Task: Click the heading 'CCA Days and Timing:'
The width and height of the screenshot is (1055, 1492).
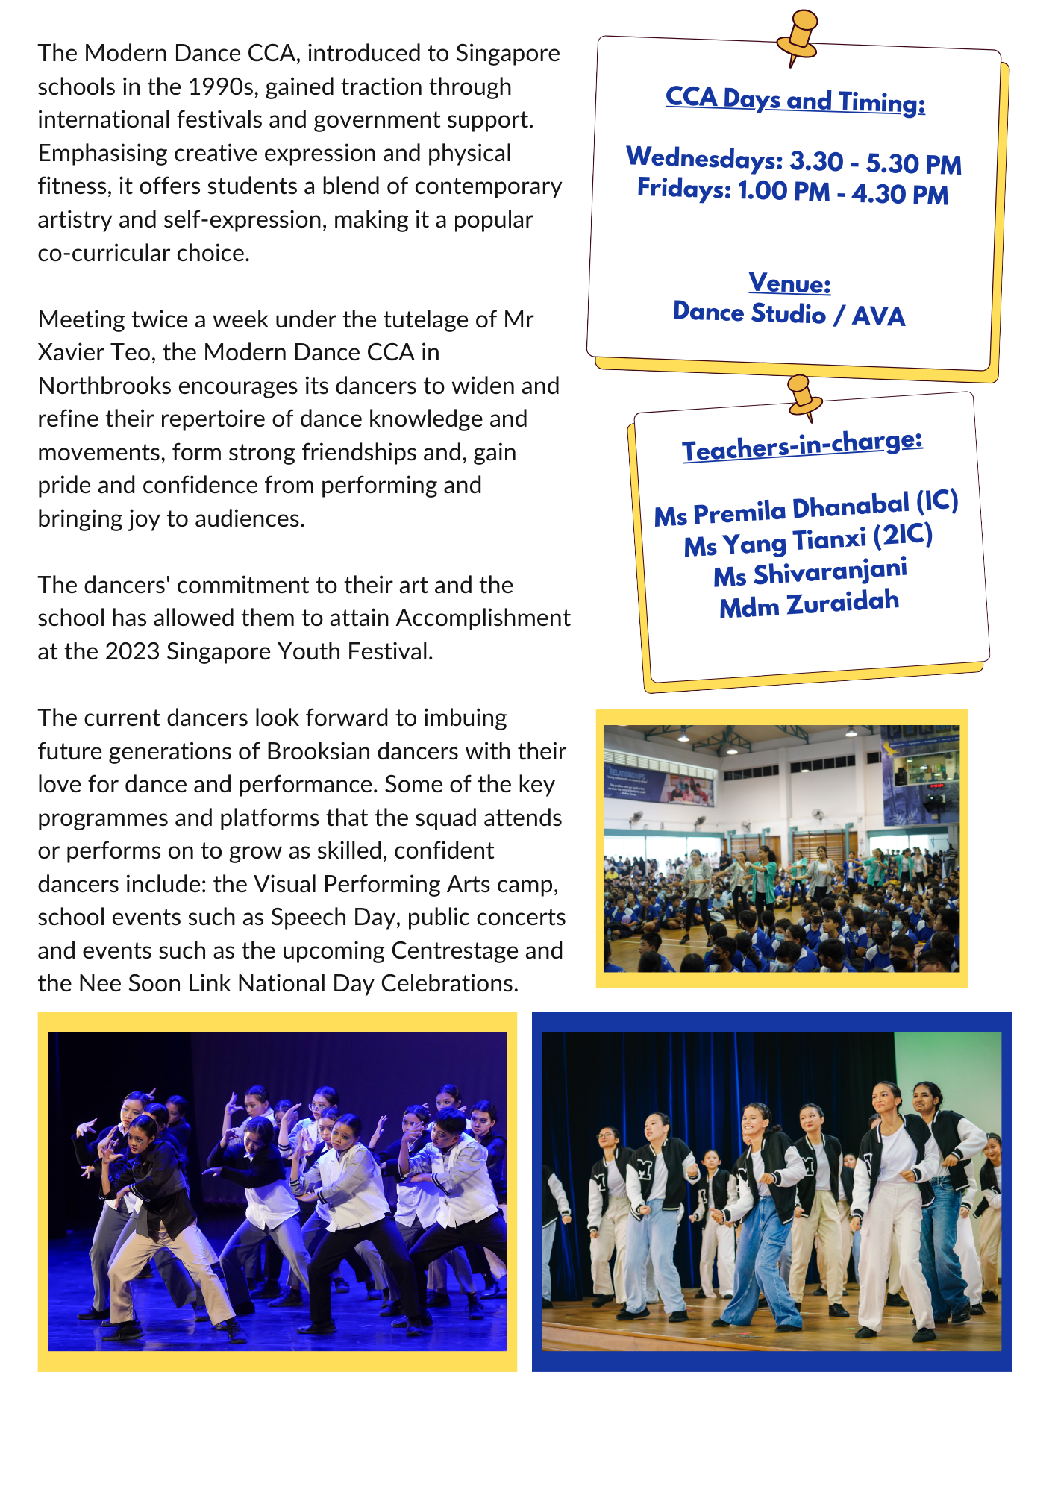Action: point(795,100)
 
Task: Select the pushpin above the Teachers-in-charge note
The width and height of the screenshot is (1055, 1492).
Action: point(803,395)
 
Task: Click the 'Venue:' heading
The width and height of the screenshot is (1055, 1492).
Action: point(789,283)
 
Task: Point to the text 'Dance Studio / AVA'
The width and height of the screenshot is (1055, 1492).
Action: point(789,314)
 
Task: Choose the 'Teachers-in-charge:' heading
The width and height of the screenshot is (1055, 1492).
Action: point(802,446)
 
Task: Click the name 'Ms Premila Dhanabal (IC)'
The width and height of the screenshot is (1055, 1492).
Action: point(806,510)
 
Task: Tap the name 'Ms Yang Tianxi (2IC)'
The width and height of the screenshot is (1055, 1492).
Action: point(808,541)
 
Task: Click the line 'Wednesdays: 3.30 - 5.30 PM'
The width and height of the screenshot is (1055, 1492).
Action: point(794,160)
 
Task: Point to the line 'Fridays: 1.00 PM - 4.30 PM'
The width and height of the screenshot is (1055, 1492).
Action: point(792,191)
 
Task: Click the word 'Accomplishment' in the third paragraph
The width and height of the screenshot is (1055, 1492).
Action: point(483,618)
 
